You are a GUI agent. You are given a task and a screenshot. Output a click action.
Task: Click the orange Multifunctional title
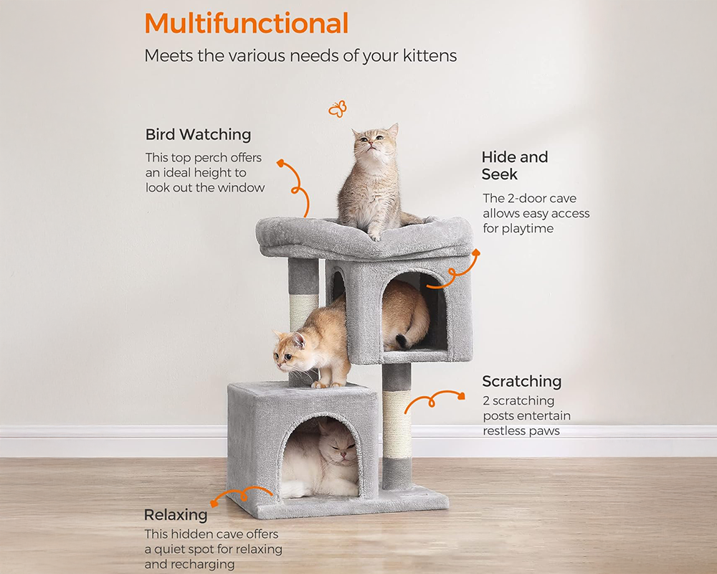246,23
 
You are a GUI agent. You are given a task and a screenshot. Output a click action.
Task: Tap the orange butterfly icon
337,108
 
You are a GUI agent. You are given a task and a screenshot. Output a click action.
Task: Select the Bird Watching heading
198,134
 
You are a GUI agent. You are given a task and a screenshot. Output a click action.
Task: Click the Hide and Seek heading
514,166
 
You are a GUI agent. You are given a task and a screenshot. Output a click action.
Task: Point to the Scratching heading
521,381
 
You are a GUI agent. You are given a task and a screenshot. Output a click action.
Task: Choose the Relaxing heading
176,514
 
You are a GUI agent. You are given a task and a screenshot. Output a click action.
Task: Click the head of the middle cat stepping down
290,347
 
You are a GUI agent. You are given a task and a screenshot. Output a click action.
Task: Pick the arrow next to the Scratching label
433,399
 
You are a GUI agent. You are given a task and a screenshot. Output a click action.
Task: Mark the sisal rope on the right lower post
397,424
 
